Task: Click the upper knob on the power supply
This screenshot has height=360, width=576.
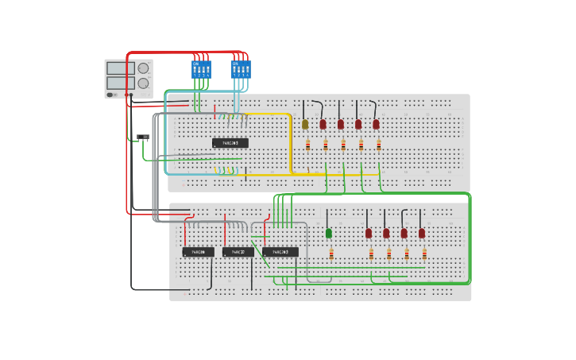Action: (143, 68)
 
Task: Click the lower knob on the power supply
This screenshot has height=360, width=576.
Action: (143, 83)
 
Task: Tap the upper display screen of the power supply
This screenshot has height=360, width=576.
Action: (116, 68)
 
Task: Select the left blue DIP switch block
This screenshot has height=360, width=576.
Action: (201, 69)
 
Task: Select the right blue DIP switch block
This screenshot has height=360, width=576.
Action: (240, 69)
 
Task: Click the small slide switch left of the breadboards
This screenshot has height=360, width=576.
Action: (143, 137)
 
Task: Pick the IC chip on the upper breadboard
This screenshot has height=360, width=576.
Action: (230, 143)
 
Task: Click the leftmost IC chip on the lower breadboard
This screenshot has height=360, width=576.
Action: (198, 252)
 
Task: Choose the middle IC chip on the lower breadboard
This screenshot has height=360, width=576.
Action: (238, 252)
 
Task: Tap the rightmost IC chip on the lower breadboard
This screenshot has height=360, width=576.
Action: (280, 252)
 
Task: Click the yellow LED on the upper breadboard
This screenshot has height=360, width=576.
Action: (305, 124)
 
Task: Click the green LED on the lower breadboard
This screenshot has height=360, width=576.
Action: (329, 233)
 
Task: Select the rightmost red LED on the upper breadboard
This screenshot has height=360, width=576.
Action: (376, 124)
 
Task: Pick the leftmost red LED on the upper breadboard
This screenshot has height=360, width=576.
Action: (323, 124)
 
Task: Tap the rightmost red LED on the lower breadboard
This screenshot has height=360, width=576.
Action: (422, 233)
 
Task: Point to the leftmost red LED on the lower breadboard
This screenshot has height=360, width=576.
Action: (369, 233)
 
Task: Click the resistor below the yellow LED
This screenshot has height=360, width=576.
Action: (308, 145)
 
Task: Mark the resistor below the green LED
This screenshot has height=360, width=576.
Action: (331, 254)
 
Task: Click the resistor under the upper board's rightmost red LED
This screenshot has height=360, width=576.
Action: (379, 145)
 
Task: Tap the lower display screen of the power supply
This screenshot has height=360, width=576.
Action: (116, 83)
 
